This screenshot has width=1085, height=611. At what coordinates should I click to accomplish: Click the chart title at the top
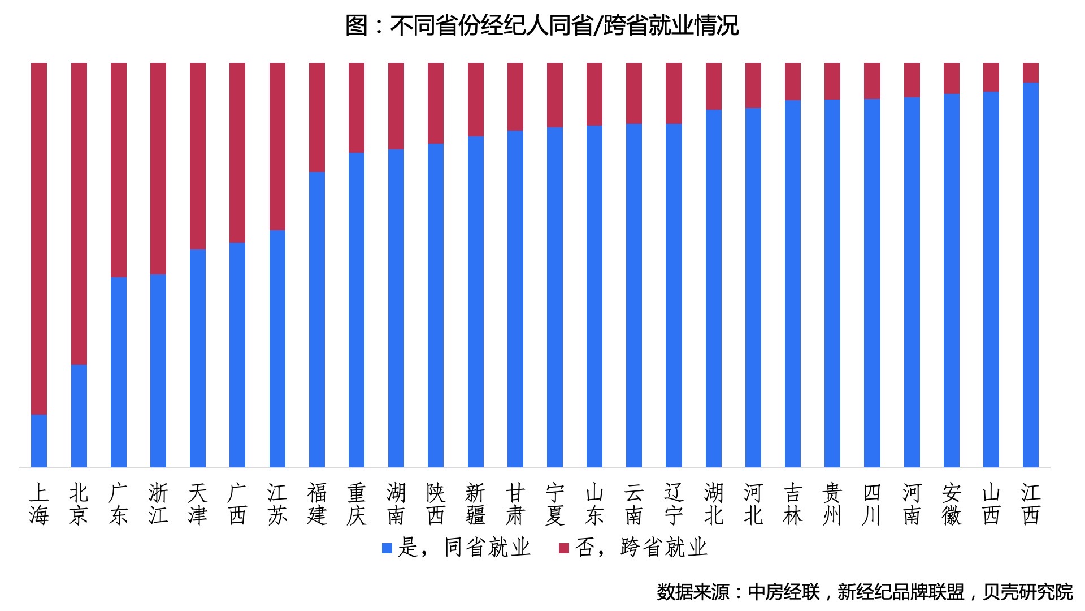pyautogui.click(x=542, y=25)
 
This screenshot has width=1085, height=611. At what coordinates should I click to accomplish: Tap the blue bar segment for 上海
pyautogui.click(x=39, y=441)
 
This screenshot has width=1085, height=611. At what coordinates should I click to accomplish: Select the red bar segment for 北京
pyautogui.click(x=79, y=213)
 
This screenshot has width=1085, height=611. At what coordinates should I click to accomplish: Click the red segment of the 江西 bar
pyautogui.click(x=1031, y=73)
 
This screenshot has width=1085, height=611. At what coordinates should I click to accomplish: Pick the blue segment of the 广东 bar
pyautogui.click(x=119, y=372)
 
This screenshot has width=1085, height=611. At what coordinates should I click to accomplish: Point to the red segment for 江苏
pyautogui.click(x=277, y=146)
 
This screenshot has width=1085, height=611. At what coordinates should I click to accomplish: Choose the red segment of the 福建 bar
pyautogui.click(x=317, y=117)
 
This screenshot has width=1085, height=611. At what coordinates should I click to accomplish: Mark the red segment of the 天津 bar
pyautogui.click(x=198, y=156)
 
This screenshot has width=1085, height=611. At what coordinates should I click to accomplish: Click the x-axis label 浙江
pyautogui.click(x=158, y=504)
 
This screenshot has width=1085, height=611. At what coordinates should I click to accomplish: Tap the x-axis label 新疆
pyautogui.click(x=476, y=504)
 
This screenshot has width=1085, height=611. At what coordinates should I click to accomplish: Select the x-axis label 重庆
pyautogui.click(x=357, y=504)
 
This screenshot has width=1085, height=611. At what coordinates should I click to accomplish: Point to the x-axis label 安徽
pyautogui.click(x=952, y=504)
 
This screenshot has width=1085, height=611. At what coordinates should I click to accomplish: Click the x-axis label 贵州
pyautogui.click(x=832, y=504)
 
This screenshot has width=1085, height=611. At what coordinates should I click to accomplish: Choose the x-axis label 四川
pyautogui.click(x=872, y=504)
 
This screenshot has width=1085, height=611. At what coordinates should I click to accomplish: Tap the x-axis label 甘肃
pyautogui.click(x=515, y=504)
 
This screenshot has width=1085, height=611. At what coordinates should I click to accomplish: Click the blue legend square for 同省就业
pyautogui.click(x=387, y=548)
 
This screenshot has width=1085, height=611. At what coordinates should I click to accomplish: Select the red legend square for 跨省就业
pyautogui.click(x=563, y=548)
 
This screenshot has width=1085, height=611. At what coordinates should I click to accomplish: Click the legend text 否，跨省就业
pyautogui.click(x=641, y=548)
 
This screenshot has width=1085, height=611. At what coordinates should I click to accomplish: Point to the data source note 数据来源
pyautogui.click(x=865, y=592)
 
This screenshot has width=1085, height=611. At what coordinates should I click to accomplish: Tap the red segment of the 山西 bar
pyautogui.click(x=991, y=77)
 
